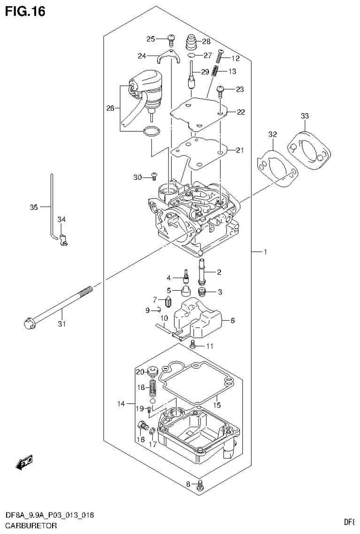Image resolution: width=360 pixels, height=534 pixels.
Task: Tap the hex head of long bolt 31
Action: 28,324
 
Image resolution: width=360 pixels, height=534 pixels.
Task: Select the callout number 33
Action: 305,116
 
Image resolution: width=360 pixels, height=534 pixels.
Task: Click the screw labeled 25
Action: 171,40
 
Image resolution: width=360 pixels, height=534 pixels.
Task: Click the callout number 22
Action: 240,112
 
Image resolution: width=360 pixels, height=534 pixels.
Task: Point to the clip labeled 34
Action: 63,241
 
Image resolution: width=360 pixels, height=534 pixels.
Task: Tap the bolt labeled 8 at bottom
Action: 200,485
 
